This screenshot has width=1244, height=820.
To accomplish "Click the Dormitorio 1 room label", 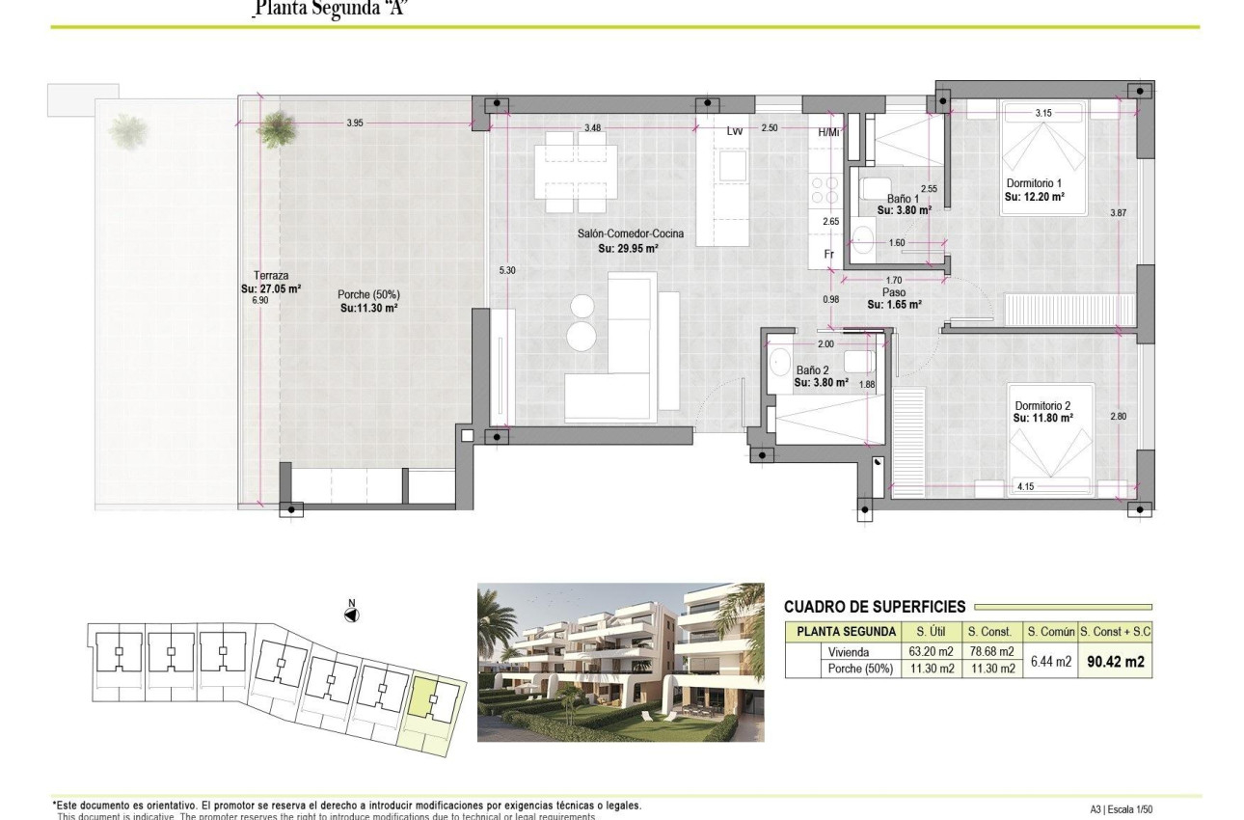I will pyautogui.click(x=1034, y=183).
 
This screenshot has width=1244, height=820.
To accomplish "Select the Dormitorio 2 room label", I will pyautogui.click(x=1043, y=405).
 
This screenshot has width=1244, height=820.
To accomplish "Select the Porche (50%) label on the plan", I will pyautogui.click(x=368, y=295).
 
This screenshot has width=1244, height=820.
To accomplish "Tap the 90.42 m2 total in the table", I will pyautogui.click(x=1115, y=662).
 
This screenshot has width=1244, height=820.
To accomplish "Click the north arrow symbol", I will pyautogui.click(x=352, y=613).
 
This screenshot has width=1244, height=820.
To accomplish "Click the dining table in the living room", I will pyautogui.click(x=577, y=172).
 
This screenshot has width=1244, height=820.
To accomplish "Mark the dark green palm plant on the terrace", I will pyautogui.click(x=278, y=128).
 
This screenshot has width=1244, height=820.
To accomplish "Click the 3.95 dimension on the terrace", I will pyautogui.click(x=354, y=123).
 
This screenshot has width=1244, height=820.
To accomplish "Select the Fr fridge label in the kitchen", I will pyautogui.click(x=828, y=254).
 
